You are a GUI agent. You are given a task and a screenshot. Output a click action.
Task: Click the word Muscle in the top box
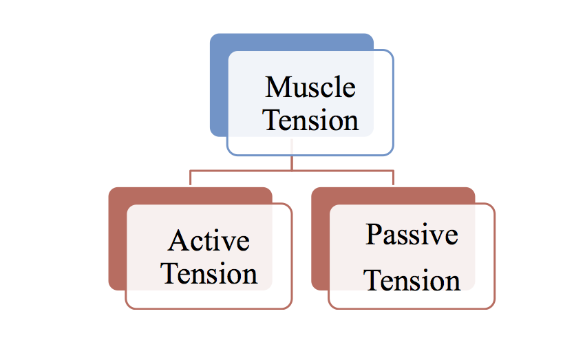point(310,87)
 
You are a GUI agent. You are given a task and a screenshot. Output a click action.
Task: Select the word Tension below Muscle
point(310,120)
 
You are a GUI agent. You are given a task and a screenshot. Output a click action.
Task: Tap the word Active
point(209,241)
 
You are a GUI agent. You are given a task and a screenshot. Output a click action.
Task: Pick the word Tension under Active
point(209,273)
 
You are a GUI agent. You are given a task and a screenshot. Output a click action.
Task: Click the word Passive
point(412,235)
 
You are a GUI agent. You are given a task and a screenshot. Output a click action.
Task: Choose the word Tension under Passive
point(412,280)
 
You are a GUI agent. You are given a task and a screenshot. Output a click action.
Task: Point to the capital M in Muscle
point(277,87)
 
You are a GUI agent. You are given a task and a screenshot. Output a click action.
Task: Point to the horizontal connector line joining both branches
point(292,171)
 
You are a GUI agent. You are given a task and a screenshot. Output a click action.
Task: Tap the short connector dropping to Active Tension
point(190,178)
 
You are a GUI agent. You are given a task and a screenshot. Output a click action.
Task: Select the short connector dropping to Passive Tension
point(393,178)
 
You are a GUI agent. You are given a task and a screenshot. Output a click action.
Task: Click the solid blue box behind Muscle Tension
point(219,85)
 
